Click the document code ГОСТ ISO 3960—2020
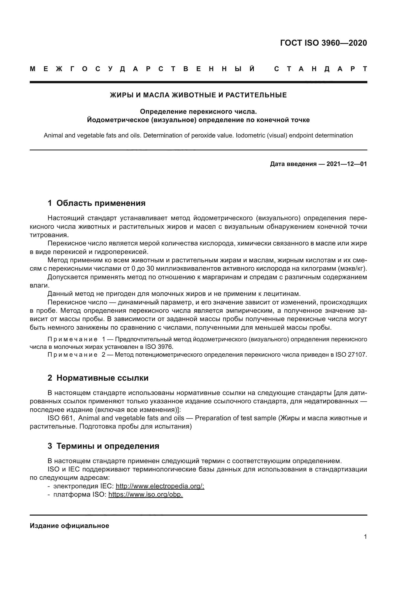323,43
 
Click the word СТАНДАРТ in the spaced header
321,69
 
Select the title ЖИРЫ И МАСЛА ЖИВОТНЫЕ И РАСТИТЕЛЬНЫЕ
198,95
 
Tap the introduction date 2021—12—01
347,164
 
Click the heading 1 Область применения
97,203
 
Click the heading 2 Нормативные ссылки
98,378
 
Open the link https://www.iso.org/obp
145,495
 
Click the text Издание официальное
69,526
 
